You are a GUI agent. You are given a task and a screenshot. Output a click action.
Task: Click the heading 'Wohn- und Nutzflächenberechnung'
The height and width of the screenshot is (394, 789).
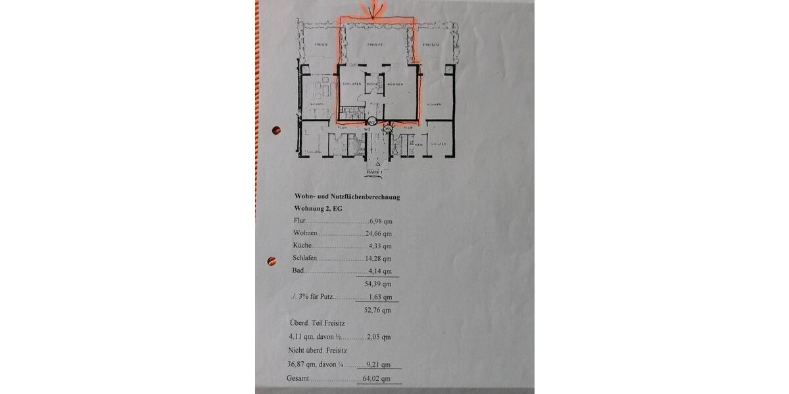pos(347,196)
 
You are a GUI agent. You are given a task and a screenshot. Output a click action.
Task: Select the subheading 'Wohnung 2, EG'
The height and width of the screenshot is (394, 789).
pos(318,208)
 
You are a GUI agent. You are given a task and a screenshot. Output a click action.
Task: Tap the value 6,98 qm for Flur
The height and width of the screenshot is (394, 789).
pos(380,221)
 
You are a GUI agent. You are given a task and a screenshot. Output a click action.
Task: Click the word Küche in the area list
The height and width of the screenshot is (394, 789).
pos(302,246)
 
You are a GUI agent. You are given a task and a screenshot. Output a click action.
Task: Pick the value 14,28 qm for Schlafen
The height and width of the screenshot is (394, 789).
pos(378,259)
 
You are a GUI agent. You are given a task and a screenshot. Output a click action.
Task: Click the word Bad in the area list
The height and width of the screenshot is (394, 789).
pos(298,271)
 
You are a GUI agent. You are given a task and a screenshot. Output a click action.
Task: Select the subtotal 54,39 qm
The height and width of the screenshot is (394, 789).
pos(378,284)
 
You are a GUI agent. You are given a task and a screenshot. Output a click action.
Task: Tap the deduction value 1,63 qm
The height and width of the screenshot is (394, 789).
pos(381,297)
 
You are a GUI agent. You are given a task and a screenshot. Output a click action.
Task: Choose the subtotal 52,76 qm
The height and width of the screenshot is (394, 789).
pos(378,310)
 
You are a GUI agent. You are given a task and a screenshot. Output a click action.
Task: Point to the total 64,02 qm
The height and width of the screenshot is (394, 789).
pos(377,379)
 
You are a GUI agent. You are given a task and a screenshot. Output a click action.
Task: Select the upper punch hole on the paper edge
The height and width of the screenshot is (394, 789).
pos(276,130)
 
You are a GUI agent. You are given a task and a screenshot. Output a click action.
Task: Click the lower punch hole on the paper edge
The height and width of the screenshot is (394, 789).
pos(272,261)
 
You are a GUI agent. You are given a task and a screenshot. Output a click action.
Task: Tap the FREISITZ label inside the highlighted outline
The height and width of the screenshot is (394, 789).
pos(375,45)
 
